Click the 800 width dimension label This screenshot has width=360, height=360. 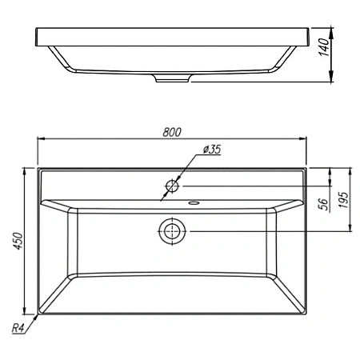(x=172, y=132)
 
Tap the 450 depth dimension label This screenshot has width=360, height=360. (x=18, y=241)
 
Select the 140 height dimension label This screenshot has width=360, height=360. (x=324, y=47)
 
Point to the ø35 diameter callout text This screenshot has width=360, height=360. (x=212, y=150)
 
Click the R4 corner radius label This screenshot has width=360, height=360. (x=18, y=328)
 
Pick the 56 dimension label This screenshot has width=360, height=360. (x=324, y=204)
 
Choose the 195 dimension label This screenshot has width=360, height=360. (x=343, y=200)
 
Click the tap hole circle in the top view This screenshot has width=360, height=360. (x=172, y=186)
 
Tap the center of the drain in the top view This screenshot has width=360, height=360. (x=172, y=231)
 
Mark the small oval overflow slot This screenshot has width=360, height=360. (x=194, y=203)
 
